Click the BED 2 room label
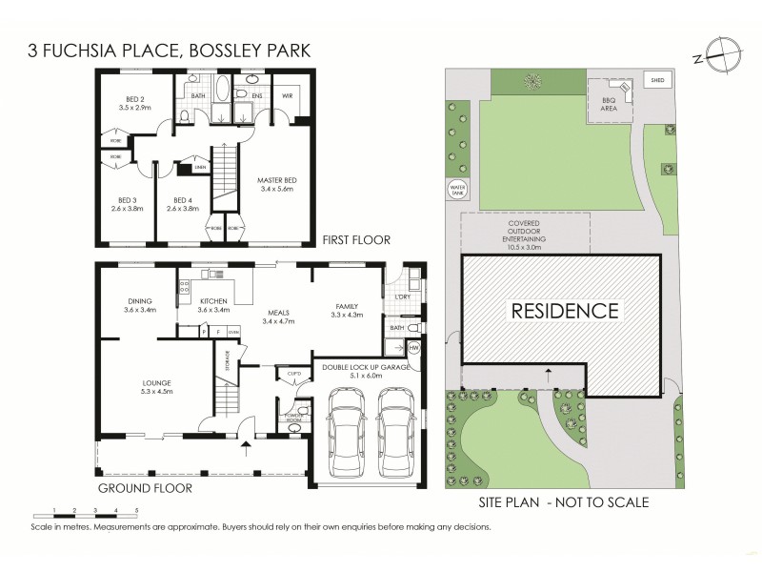pyautogui.click(x=134, y=98)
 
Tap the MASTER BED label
pyautogui.click(x=279, y=178)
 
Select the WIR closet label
pyautogui.click(x=287, y=96)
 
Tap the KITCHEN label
pyautogui.click(x=213, y=301)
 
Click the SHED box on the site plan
pyautogui.click(x=657, y=80)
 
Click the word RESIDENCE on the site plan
pyautogui.click(x=566, y=310)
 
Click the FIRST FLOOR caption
pyautogui.click(x=357, y=239)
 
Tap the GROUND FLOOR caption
pyautogui.click(x=145, y=488)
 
